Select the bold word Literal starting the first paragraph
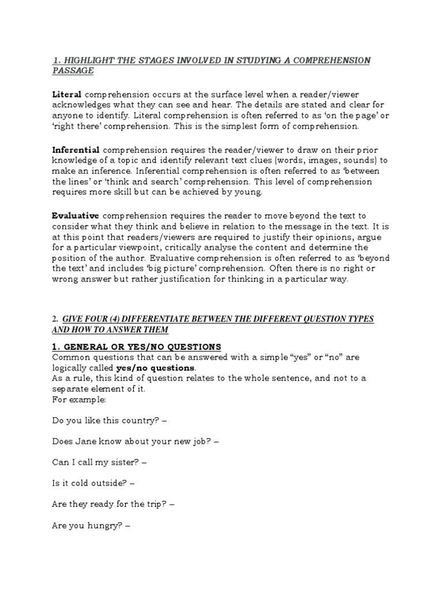pos(66,94)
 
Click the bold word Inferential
pos(76,149)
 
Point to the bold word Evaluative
pos(75,215)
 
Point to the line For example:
pos(74,399)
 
